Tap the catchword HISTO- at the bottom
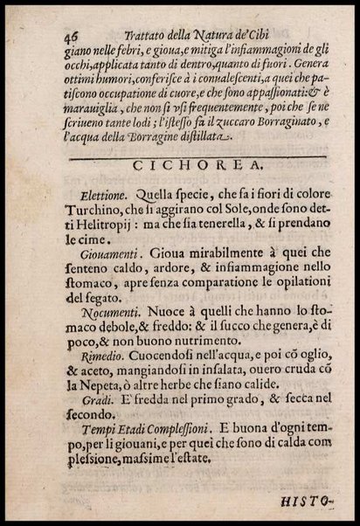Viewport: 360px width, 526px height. [311, 502]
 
